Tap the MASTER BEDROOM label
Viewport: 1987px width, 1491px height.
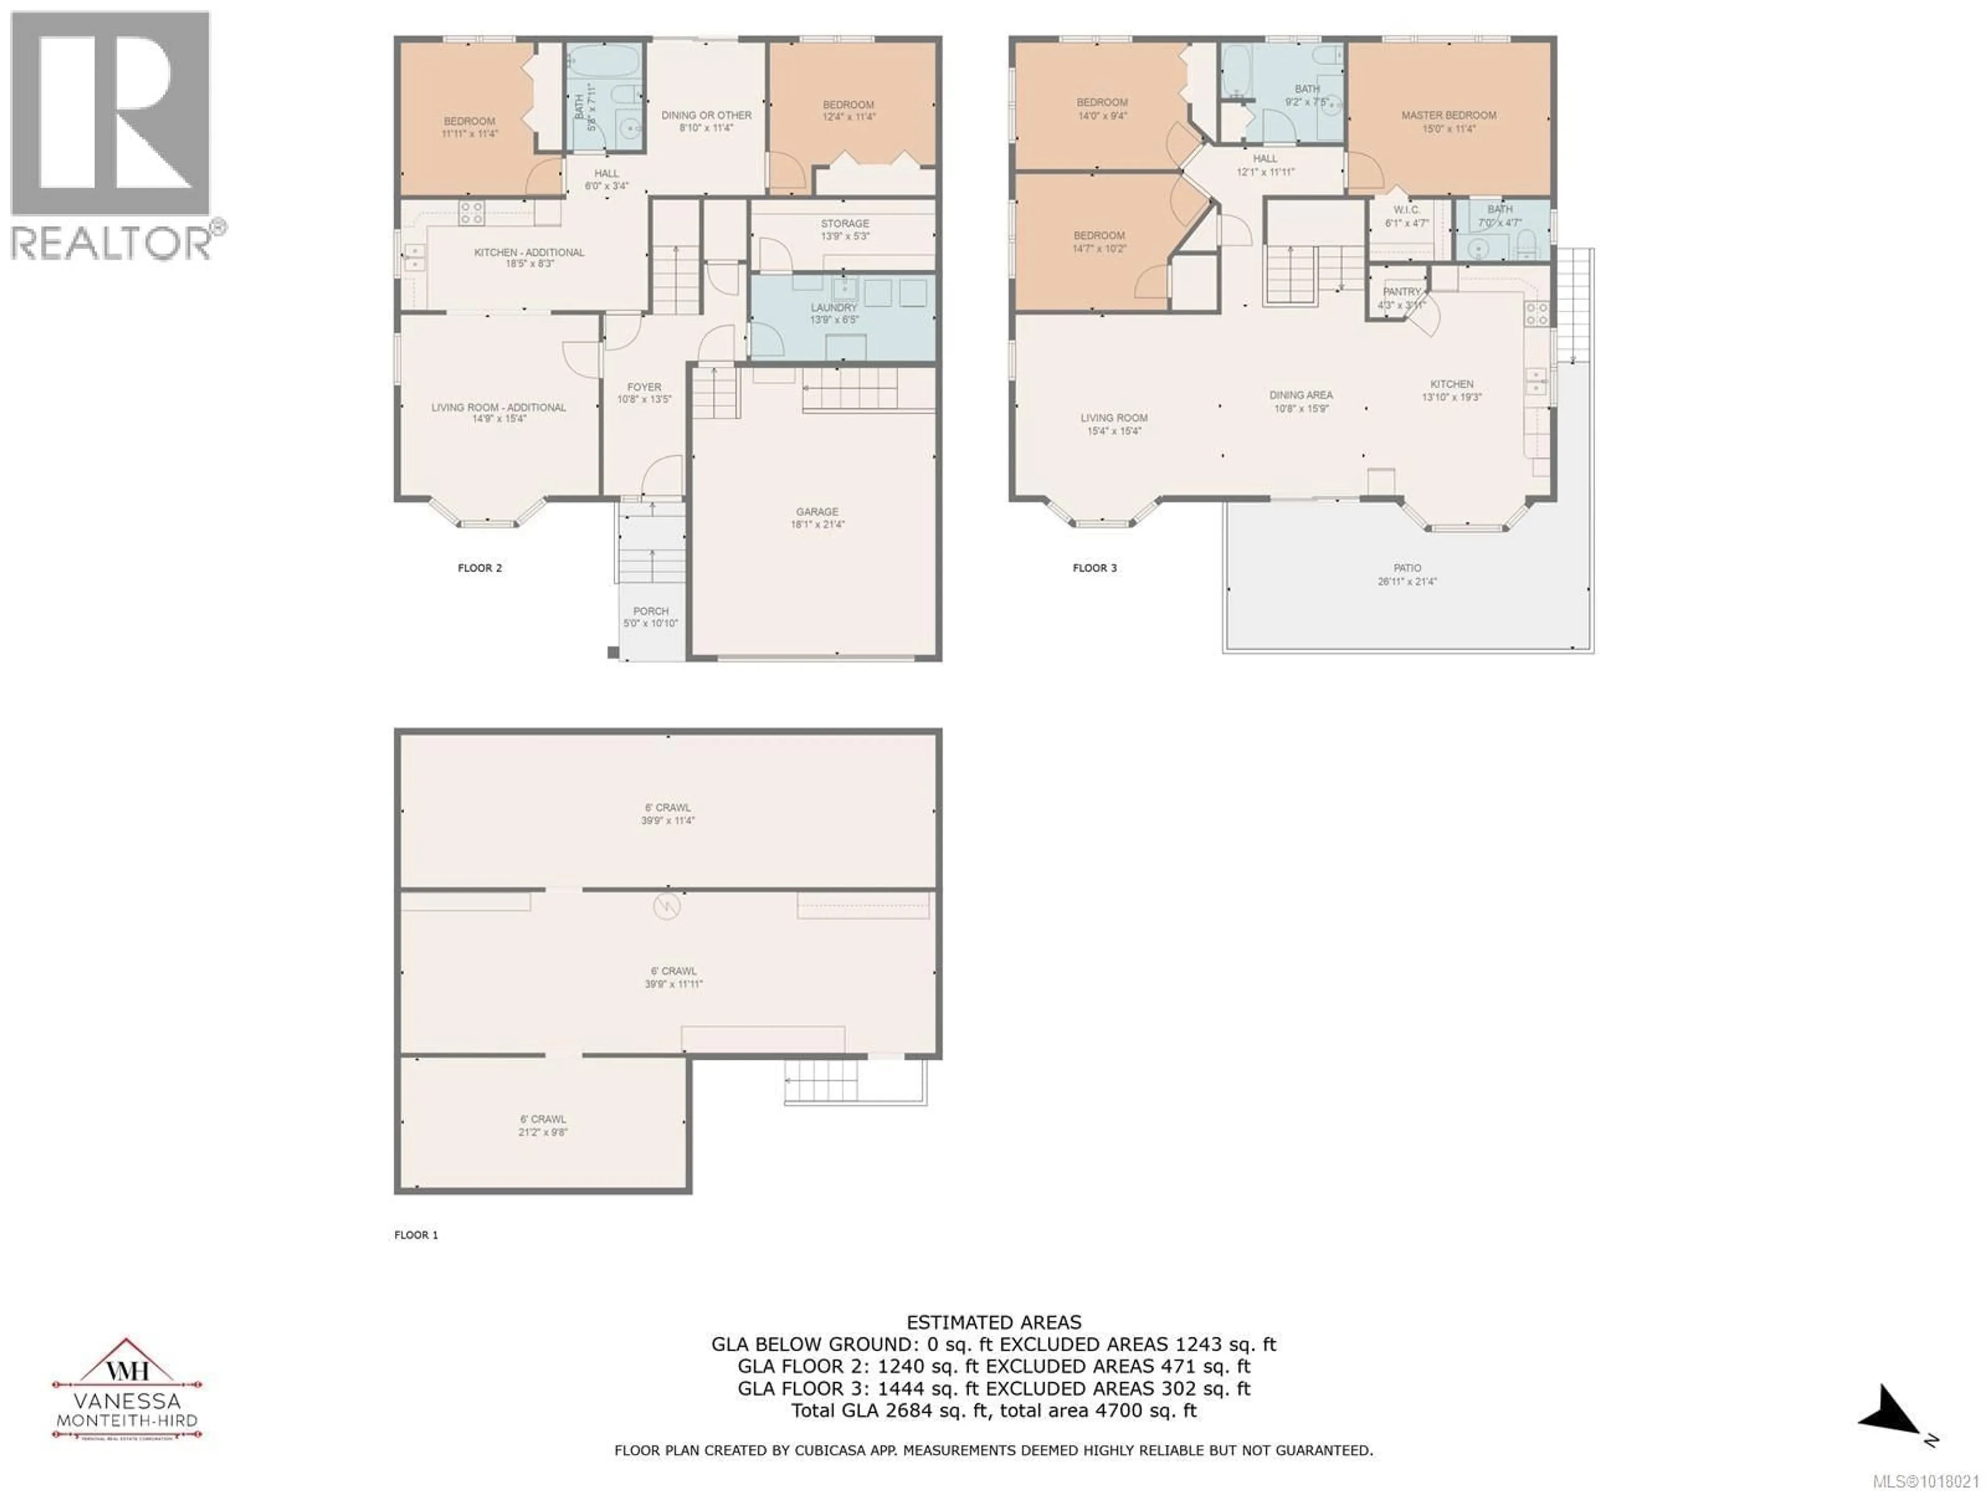1448,115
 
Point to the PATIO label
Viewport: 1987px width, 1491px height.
1407,568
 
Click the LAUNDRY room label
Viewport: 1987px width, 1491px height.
834,308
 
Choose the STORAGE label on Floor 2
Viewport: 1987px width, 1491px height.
844,223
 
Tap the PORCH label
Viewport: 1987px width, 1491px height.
650,611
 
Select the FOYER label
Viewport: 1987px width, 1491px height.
644,387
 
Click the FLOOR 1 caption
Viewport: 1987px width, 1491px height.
416,1235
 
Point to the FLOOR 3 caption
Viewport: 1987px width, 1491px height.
1094,568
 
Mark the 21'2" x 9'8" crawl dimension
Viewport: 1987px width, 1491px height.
543,1132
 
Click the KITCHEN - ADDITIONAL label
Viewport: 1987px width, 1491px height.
529,253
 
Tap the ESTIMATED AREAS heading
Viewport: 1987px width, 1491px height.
993,1322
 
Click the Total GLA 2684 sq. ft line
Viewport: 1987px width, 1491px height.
993,1410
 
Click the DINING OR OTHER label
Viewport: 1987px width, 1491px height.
706,115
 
